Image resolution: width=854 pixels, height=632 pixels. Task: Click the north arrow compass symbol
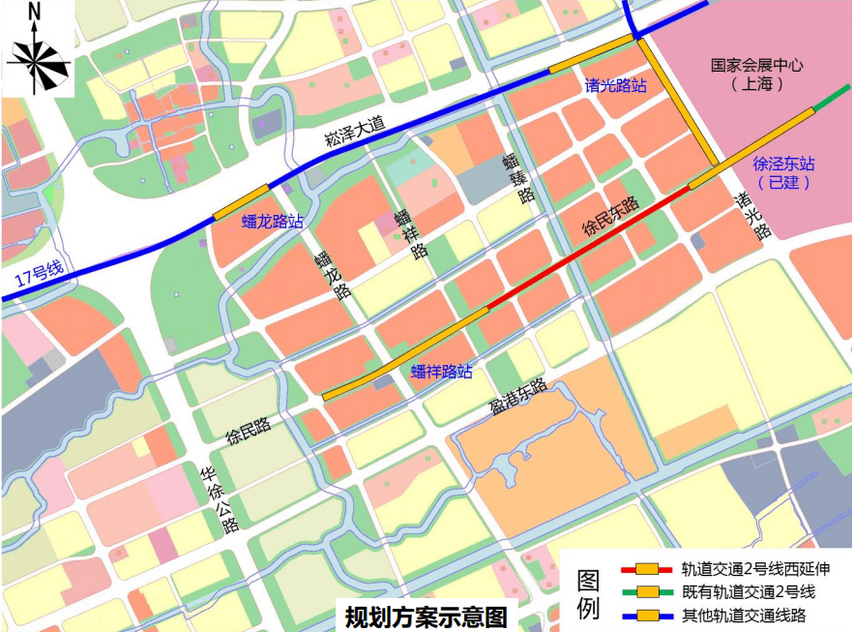38,60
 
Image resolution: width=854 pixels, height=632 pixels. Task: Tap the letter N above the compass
36,12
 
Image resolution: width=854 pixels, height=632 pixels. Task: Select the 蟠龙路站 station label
272,222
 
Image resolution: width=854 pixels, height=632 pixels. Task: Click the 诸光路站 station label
615,85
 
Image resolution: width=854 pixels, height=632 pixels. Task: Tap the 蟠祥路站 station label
441,371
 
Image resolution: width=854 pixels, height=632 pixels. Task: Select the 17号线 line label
39,275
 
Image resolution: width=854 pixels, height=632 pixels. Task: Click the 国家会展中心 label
757,67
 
